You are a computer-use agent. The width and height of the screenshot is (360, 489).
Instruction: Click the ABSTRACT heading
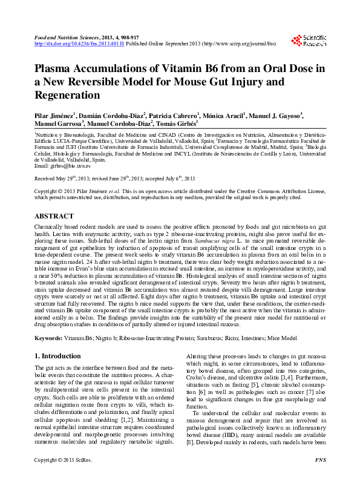click(54, 216)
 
